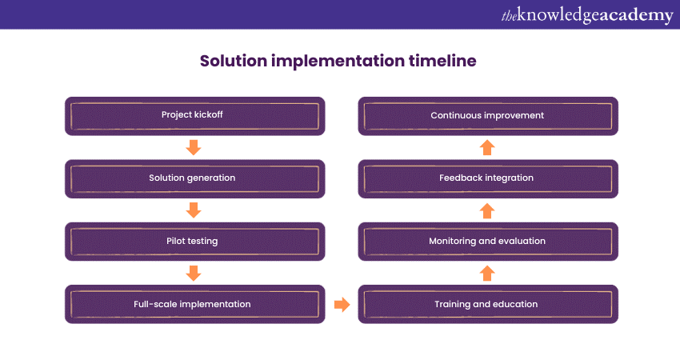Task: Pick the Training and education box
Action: pyautogui.click(x=487, y=304)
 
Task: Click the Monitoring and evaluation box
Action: pyautogui.click(x=487, y=241)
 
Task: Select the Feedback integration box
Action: pyautogui.click(x=487, y=178)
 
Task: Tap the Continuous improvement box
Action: pyautogui.click(x=487, y=115)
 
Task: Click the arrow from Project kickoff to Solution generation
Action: pyautogui.click(x=193, y=147)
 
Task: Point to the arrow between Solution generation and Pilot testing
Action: pyautogui.click(x=193, y=210)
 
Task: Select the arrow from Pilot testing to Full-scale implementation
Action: pyautogui.click(x=193, y=273)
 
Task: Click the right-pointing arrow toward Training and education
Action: pyautogui.click(x=342, y=304)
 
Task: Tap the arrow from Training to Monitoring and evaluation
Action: pyautogui.click(x=487, y=273)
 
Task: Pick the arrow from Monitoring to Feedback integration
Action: pyautogui.click(x=487, y=210)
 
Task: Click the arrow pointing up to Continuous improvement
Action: pyautogui.click(x=487, y=147)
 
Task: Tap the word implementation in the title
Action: pyautogui.click(x=340, y=62)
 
